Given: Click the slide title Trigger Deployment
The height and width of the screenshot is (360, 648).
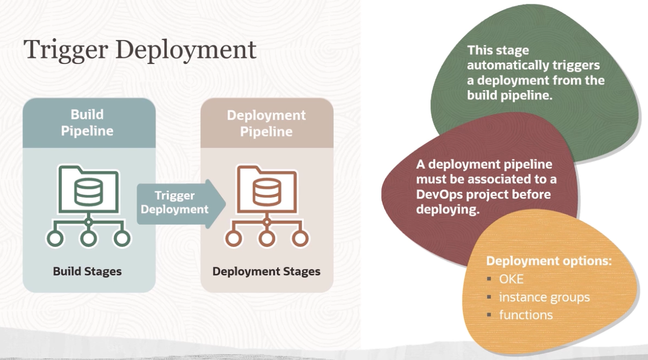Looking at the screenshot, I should click(x=140, y=50).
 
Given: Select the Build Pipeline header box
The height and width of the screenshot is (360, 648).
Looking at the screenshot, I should click(x=87, y=123).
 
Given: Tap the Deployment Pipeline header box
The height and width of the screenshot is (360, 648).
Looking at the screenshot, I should click(x=266, y=124).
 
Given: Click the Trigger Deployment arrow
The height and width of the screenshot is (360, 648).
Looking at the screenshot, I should click(x=177, y=203).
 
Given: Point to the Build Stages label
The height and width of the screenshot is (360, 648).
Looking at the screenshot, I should click(x=87, y=272).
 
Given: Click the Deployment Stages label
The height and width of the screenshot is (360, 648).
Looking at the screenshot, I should click(x=266, y=272).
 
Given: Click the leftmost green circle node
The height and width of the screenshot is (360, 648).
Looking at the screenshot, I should click(x=55, y=239).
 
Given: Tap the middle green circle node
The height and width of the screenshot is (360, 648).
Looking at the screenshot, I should click(x=88, y=239).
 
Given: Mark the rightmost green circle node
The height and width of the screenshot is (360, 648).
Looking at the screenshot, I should click(x=122, y=239).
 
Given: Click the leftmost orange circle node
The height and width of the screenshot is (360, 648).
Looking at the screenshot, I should click(x=233, y=239).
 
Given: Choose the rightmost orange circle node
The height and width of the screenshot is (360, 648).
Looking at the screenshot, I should click(x=301, y=239).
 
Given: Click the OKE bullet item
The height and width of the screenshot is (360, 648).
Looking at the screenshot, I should click(x=511, y=279).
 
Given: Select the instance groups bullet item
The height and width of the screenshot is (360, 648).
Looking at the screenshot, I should click(x=544, y=297).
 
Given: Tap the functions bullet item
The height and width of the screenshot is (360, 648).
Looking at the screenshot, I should click(x=526, y=315).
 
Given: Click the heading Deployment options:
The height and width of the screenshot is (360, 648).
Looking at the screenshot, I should click(x=549, y=261).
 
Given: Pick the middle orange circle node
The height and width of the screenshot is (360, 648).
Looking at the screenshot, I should click(x=267, y=239).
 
